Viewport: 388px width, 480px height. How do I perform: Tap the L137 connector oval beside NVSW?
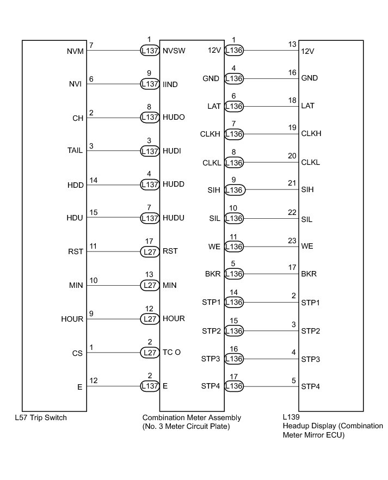150,51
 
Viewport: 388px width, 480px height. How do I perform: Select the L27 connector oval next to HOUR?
150,319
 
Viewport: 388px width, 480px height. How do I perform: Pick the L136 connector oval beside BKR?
235,274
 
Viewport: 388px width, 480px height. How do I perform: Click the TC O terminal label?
171,352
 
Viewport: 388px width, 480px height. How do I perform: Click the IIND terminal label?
171,84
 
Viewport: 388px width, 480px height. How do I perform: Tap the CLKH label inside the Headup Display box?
312,134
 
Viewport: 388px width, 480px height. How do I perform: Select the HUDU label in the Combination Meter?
174,218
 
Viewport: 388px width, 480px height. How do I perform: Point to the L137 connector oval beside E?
150,386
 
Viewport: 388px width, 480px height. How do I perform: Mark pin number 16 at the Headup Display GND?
292,72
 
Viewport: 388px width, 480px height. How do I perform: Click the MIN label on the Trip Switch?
76,285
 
